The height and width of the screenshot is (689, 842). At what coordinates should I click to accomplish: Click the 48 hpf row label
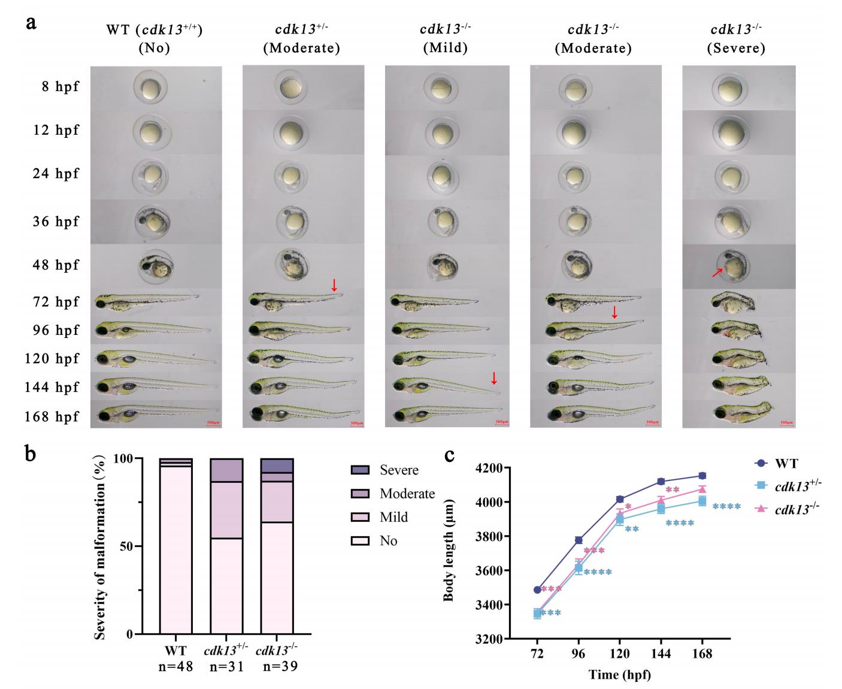coord(56,265)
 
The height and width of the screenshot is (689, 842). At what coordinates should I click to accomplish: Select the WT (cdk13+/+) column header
coord(154,38)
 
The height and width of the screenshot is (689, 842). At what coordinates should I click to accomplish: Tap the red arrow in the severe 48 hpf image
coord(717,273)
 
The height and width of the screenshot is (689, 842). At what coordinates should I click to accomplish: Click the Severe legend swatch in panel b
coord(360,470)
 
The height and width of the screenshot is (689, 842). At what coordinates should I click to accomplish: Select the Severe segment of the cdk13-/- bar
coord(277,466)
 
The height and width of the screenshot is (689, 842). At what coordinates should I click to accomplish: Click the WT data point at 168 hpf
coord(702,476)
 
